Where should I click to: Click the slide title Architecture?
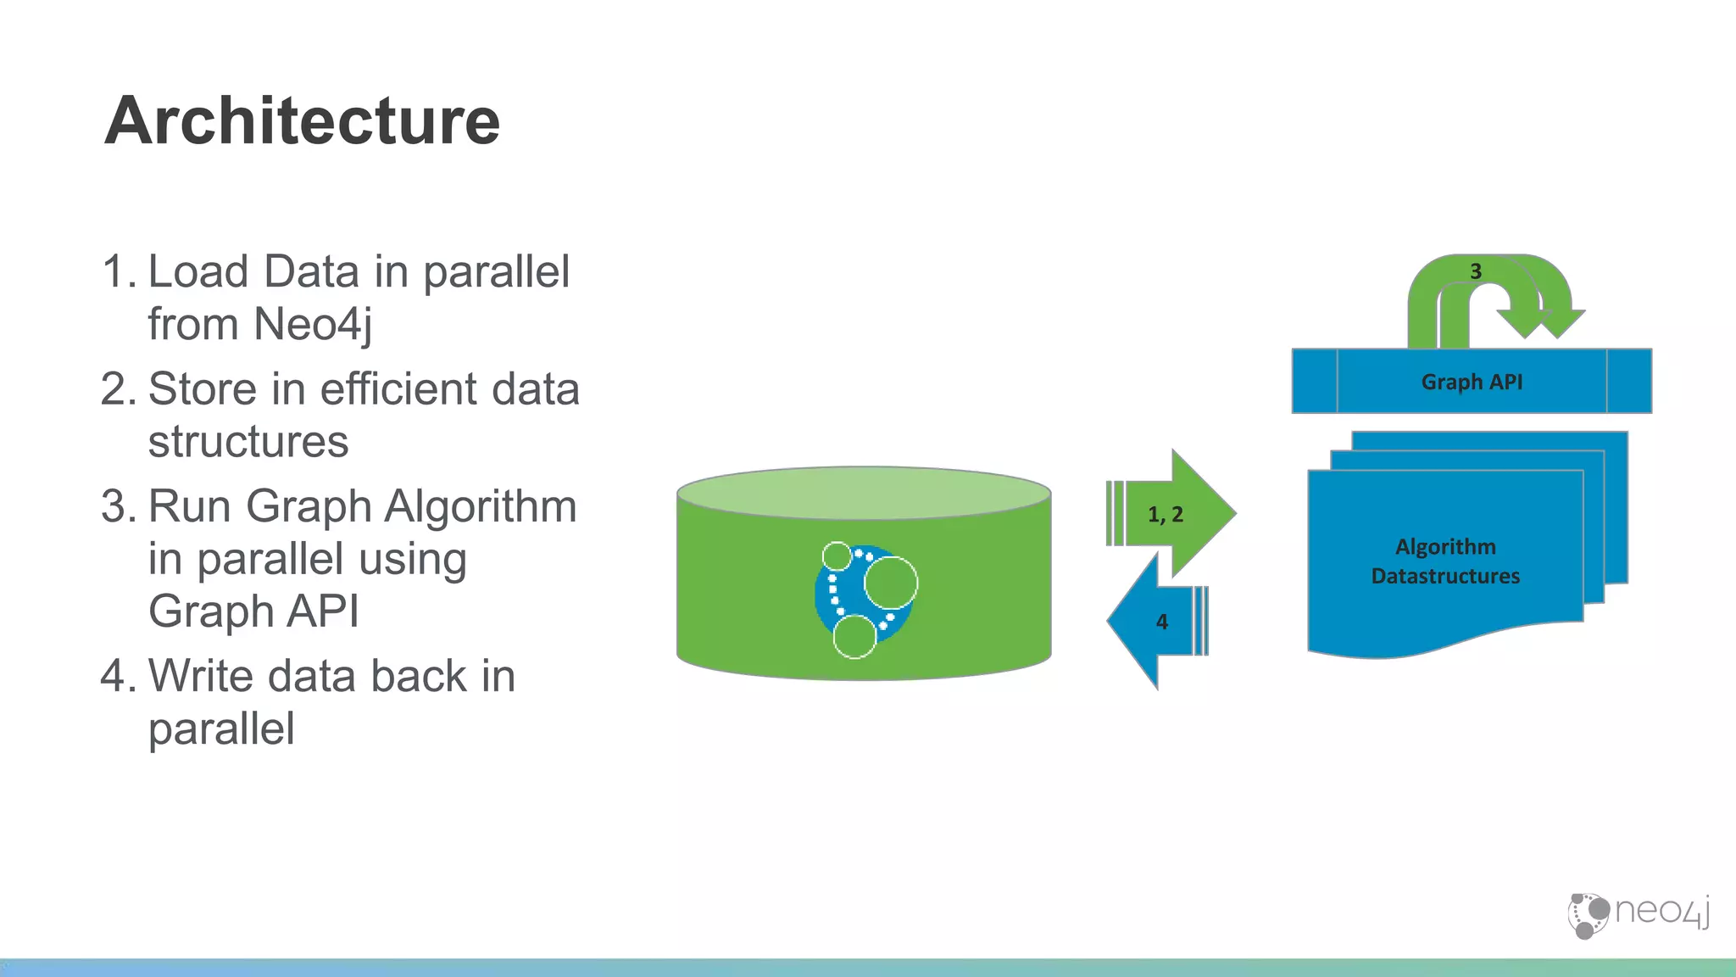point(302,120)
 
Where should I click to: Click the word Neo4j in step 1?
point(313,325)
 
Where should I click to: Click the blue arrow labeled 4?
point(1153,622)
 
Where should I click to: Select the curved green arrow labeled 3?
point(1441,288)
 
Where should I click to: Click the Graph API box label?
point(1472,382)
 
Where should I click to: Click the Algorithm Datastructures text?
point(1445,561)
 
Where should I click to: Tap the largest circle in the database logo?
point(891,583)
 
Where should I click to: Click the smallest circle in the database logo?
point(837,556)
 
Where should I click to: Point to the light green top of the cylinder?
point(864,492)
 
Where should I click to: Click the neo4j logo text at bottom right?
point(1661,912)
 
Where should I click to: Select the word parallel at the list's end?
point(221,729)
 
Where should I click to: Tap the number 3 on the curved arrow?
point(1476,271)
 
